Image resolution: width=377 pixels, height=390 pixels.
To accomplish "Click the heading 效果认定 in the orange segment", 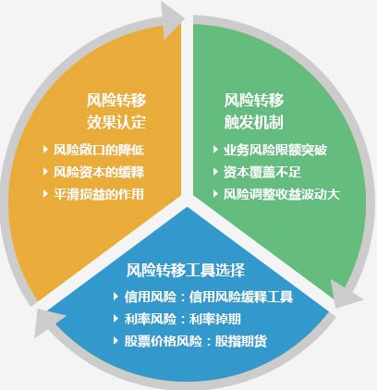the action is coord(116,122).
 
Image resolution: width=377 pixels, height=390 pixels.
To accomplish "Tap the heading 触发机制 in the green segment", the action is coord(254,122).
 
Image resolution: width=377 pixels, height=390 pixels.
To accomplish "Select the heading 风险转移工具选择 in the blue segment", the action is coord(186,270).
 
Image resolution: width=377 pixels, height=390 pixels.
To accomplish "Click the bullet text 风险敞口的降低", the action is coord(99,150).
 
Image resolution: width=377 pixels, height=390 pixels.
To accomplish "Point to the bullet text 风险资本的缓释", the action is coord(99,172).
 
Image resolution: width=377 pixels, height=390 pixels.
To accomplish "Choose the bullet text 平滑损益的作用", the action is coord(99,194).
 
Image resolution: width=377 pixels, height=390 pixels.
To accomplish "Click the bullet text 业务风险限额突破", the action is coord(275,150).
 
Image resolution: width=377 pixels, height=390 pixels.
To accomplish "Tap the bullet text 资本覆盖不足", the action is coord(262,172).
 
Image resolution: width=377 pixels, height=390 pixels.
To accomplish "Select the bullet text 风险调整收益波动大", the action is coord(282,194).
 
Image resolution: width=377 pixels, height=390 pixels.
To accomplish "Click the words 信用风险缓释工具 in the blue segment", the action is coord(241,297).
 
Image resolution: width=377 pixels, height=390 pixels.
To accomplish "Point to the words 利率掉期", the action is coord(215,319).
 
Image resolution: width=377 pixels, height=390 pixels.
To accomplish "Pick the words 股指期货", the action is coord(241,341).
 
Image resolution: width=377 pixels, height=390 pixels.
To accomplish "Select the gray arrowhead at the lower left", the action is coord(47,322).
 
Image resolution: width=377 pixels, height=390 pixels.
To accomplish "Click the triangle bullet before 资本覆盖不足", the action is coord(215,171).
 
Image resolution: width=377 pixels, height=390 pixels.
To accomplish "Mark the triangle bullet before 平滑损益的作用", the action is coord(46,193).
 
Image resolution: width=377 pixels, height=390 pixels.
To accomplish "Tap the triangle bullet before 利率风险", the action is coord(116,318).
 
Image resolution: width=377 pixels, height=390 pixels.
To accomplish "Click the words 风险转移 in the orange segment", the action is coord(116,100).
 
